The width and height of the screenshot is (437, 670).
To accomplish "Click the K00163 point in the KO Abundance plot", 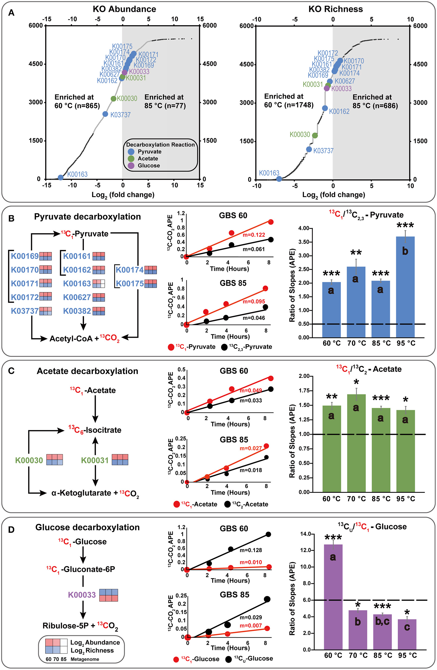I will [60, 177].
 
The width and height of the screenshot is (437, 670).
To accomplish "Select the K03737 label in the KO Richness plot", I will [323, 151].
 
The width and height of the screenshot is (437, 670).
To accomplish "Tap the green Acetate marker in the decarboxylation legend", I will [131, 159].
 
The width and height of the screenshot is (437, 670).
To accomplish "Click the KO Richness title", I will [336, 9].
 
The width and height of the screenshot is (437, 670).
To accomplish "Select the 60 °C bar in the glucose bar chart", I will [333, 597].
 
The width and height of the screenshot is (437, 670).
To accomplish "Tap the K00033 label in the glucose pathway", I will [82, 595].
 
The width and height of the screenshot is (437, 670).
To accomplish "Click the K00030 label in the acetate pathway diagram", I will [29, 460].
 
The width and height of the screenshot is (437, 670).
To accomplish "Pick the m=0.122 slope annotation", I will [254, 235].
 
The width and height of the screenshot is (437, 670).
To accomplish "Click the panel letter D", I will [11, 530].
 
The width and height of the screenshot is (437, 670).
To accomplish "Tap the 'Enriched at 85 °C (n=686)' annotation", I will [375, 101].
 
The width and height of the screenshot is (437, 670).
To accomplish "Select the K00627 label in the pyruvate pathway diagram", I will [77, 297].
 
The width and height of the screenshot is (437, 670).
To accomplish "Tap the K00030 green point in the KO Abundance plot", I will [113, 99].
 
